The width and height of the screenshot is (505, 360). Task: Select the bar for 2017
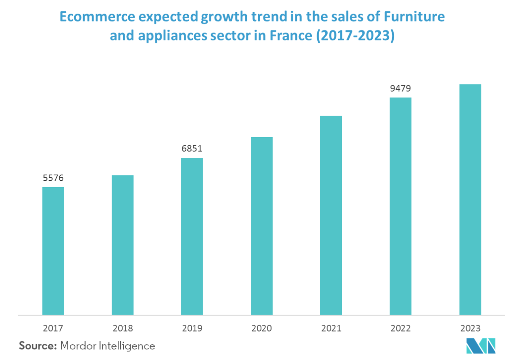pyautogui.click(x=53, y=250)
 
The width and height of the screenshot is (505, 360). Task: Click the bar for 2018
pyautogui.click(x=123, y=245)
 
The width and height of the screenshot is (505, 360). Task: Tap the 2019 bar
pyautogui.click(x=192, y=236)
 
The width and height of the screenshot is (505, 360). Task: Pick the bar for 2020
pyautogui.click(x=261, y=225)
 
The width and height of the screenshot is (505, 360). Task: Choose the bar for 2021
pyautogui.click(x=331, y=215)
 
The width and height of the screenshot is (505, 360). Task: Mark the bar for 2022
pyautogui.click(x=400, y=206)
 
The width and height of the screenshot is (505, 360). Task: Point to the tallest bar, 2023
pyautogui.click(x=470, y=199)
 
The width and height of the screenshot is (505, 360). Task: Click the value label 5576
pyautogui.click(x=53, y=178)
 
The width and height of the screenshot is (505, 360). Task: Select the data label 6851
pyautogui.click(x=192, y=149)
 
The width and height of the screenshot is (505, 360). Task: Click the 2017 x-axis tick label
pyautogui.click(x=53, y=328)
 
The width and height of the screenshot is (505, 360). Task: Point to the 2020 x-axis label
pyautogui.click(x=261, y=328)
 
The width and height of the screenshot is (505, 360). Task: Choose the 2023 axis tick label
pyautogui.click(x=470, y=328)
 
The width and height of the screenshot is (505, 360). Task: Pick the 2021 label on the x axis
pyautogui.click(x=331, y=328)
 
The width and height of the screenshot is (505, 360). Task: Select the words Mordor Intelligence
pyautogui.click(x=108, y=346)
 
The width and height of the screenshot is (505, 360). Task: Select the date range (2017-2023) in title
pyautogui.click(x=355, y=36)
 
